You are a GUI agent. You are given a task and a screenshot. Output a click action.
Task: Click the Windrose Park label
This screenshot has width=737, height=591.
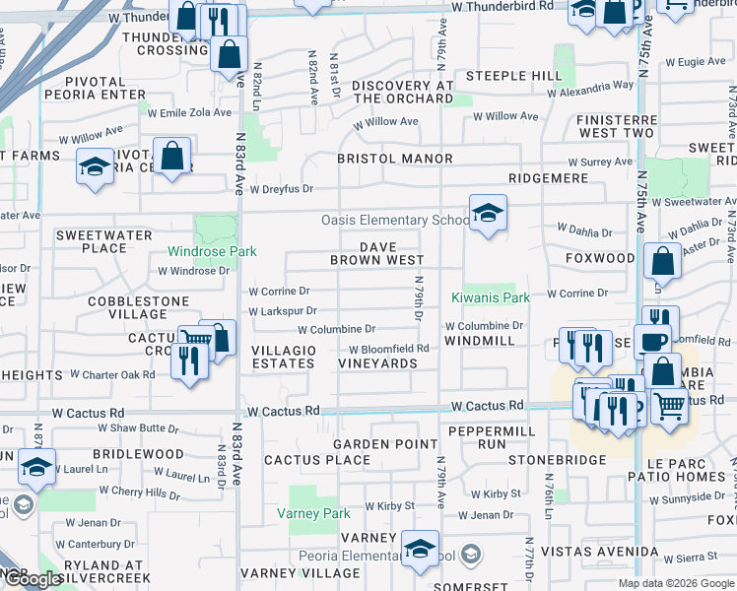pos(212,252)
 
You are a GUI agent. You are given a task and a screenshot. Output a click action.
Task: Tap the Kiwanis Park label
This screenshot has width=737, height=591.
pos(491,297)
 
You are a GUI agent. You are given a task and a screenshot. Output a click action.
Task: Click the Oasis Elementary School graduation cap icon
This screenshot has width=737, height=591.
pos(487,213)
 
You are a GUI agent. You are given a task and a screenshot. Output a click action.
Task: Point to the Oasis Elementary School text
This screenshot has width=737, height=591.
pos(395,221)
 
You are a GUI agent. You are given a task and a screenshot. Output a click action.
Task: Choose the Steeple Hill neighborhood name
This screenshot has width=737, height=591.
pos(513,76)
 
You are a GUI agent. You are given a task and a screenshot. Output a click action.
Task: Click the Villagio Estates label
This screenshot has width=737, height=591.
pos(284,357)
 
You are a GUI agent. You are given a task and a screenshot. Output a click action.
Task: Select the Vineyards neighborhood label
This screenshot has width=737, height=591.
pos(378,363)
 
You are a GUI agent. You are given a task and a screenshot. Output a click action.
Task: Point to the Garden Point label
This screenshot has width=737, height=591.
pos(385,445)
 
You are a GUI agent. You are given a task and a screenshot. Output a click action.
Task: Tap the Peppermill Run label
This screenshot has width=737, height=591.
pos(491,438)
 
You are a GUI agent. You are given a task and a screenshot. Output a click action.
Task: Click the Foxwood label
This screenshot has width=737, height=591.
pos(600,258)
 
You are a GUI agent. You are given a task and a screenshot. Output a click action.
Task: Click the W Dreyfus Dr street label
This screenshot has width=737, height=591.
pos(281,189)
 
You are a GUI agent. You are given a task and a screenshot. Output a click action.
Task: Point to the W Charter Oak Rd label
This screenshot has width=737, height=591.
pos(112,375)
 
